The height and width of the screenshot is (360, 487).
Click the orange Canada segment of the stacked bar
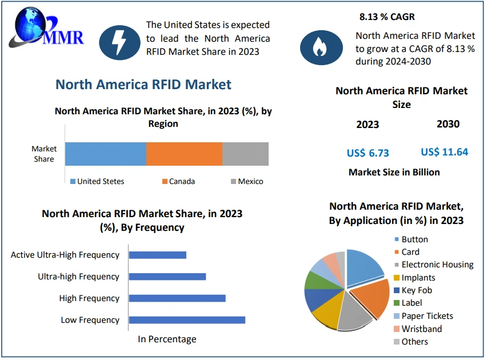(x=184, y=154)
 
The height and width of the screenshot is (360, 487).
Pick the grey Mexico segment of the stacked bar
(x=245, y=154)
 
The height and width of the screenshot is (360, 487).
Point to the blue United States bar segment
(x=106, y=154)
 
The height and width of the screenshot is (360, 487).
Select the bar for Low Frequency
(x=187, y=320)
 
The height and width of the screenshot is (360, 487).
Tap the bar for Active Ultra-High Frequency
(x=158, y=255)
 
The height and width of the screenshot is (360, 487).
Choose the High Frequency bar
(x=177, y=298)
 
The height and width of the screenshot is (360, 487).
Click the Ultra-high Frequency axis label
(x=78, y=277)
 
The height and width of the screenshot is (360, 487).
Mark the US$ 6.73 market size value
(x=368, y=153)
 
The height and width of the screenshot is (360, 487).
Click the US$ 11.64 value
(x=444, y=152)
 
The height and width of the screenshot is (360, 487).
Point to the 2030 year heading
(x=448, y=124)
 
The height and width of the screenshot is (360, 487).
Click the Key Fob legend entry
(x=416, y=290)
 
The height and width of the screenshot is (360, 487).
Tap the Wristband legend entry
(x=421, y=329)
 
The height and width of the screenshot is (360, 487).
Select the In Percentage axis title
(x=167, y=339)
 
